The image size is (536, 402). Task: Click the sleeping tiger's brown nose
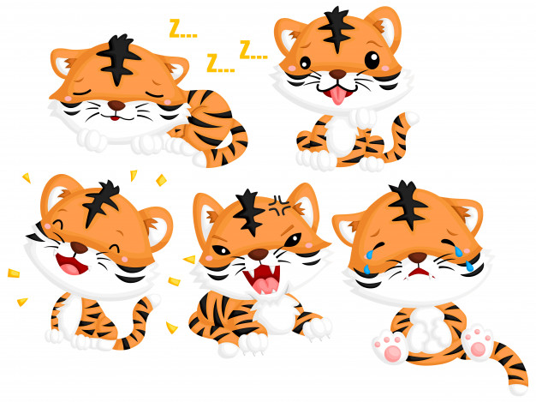tap(116, 105)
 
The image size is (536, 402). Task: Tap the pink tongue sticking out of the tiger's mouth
tap(337, 96)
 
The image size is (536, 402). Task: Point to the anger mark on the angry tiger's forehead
tap(280, 206)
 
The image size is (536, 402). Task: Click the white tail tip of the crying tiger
tap(518, 389)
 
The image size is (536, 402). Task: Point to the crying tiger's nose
tap(418, 257)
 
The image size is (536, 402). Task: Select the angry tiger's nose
tap(258, 254)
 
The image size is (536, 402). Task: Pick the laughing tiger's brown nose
tap(79, 248)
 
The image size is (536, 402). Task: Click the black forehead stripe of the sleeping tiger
tap(118, 58)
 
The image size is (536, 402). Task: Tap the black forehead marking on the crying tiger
tap(407, 204)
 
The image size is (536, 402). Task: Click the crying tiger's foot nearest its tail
tap(477, 344)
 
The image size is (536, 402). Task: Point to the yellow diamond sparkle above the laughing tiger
tap(161, 180)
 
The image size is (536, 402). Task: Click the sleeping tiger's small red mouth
tap(116, 118)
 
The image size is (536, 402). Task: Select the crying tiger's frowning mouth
tap(420, 273)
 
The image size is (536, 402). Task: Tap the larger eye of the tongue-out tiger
tap(372, 60)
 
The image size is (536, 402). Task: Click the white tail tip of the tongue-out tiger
tap(411, 118)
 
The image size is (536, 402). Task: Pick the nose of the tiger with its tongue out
tap(337, 75)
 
